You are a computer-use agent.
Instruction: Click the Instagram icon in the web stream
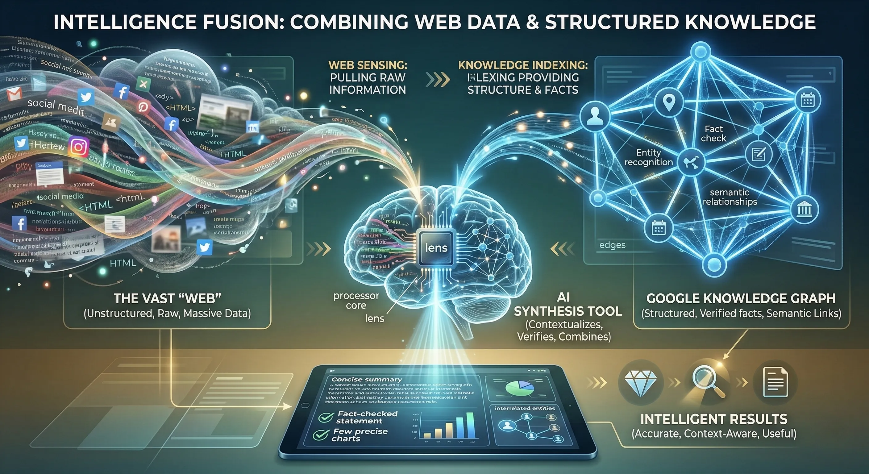click(x=79, y=147)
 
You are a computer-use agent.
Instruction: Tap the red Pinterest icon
click(x=143, y=107)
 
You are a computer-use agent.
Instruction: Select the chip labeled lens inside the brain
click(x=436, y=248)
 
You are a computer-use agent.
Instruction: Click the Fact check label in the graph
click(x=713, y=134)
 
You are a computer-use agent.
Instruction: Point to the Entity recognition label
click(x=648, y=157)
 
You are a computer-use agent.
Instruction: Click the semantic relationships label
click(x=729, y=197)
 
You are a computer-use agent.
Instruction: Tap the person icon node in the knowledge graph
click(x=594, y=116)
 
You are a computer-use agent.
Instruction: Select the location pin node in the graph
click(x=669, y=102)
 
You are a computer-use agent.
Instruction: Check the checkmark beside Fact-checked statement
click(x=326, y=418)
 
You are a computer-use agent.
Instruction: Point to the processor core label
click(x=356, y=301)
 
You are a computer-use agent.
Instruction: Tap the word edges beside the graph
click(x=612, y=245)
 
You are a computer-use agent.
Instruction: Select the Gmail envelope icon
click(x=14, y=94)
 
